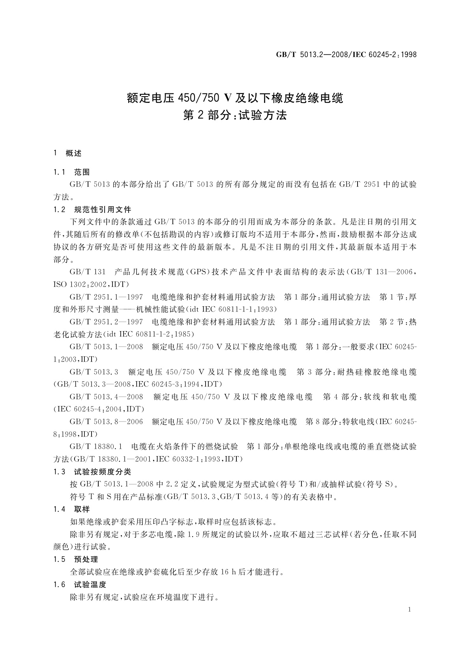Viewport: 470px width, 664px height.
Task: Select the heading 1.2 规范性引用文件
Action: (92, 209)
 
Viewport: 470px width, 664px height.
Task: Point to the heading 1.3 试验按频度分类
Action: (92, 472)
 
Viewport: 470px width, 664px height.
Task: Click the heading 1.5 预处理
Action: (75, 559)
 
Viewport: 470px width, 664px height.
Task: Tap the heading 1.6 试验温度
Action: (80, 584)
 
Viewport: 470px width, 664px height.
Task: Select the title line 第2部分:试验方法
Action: (235, 116)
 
